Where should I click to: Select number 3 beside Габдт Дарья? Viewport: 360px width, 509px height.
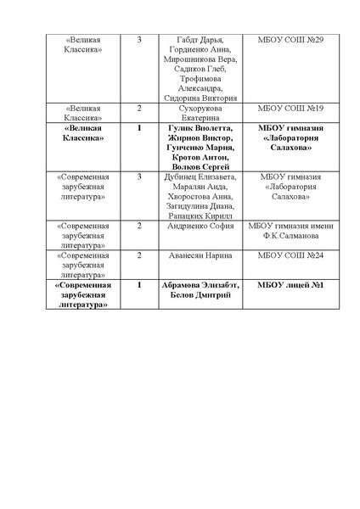[x=139, y=40]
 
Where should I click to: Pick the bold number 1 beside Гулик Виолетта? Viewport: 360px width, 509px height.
[x=139, y=128]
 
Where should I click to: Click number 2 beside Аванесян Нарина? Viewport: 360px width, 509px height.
[x=139, y=255]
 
